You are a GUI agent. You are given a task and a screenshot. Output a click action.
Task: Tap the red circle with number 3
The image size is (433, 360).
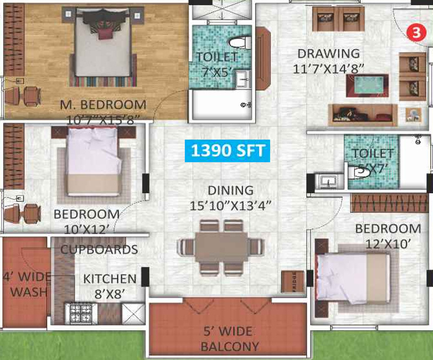pyautogui.click(x=416, y=32)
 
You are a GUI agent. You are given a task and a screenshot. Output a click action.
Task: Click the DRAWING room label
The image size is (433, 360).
pyautogui.click(x=329, y=54)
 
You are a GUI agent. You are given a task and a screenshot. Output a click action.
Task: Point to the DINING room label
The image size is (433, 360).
pyautogui.click(x=231, y=191)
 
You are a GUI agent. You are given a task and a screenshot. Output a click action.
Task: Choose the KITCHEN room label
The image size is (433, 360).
pyautogui.click(x=109, y=279)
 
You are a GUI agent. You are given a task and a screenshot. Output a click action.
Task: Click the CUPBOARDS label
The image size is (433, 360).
pyautogui.click(x=99, y=250)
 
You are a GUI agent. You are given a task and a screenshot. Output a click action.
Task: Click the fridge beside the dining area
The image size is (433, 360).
pyautogui.click(x=292, y=282)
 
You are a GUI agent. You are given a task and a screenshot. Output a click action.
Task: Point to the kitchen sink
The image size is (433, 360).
pyautogui.click(x=132, y=313)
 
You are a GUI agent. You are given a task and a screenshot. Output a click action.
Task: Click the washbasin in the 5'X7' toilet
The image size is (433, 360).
pyautogui.click(x=329, y=180)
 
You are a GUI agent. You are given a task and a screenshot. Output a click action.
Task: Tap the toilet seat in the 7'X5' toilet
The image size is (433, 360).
pyautogui.click(x=239, y=43)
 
